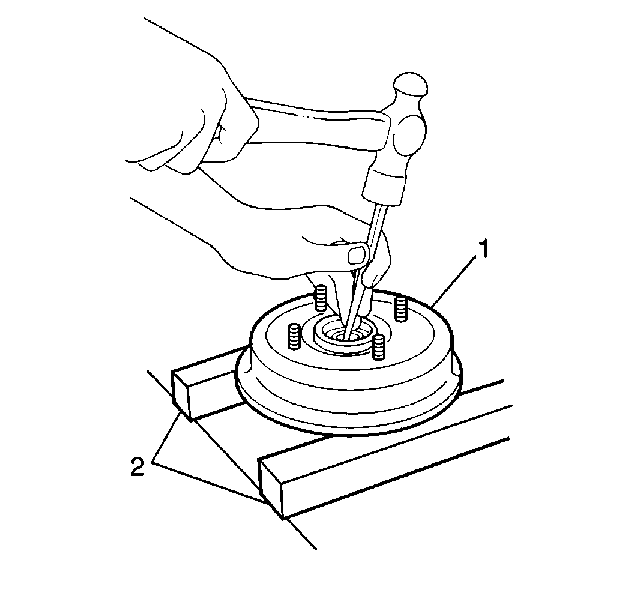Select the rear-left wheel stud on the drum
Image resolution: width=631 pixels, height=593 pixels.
[321, 298]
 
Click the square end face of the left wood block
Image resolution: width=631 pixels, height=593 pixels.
[181, 396]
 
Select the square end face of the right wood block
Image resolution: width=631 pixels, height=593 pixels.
[271, 487]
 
